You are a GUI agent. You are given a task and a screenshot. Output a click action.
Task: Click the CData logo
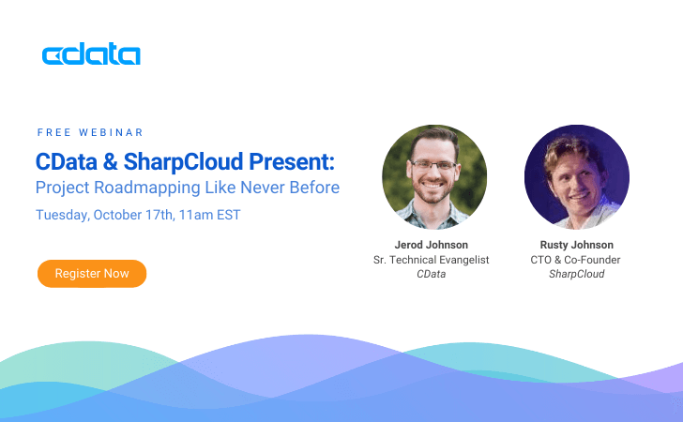click(91, 53)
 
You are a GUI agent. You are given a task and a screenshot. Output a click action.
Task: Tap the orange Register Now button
click(92, 274)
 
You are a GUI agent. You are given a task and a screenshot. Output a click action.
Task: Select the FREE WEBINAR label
click(90, 132)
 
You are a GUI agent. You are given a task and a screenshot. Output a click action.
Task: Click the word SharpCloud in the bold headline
click(183, 162)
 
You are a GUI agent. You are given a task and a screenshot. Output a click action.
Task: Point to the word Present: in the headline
click(292, 161)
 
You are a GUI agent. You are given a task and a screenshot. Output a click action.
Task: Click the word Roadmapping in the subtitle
click(147, 188)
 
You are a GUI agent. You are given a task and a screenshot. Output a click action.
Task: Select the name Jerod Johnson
click(432, 245)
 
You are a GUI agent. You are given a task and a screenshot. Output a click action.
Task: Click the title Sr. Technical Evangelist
click(432, 260)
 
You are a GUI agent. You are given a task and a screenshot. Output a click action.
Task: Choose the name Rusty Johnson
click(577, 245)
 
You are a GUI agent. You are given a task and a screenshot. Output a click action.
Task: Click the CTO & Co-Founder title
click(575, 260)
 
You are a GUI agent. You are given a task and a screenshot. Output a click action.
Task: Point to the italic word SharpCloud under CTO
click(577, 274)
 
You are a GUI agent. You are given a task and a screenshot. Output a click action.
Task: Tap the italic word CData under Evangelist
click(432, 274)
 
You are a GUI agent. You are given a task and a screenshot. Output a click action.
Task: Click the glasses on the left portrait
click(433, 165)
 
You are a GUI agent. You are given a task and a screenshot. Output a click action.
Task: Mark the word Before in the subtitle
click(314, 188)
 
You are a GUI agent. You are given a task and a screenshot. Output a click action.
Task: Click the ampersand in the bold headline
click(110, 162)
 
